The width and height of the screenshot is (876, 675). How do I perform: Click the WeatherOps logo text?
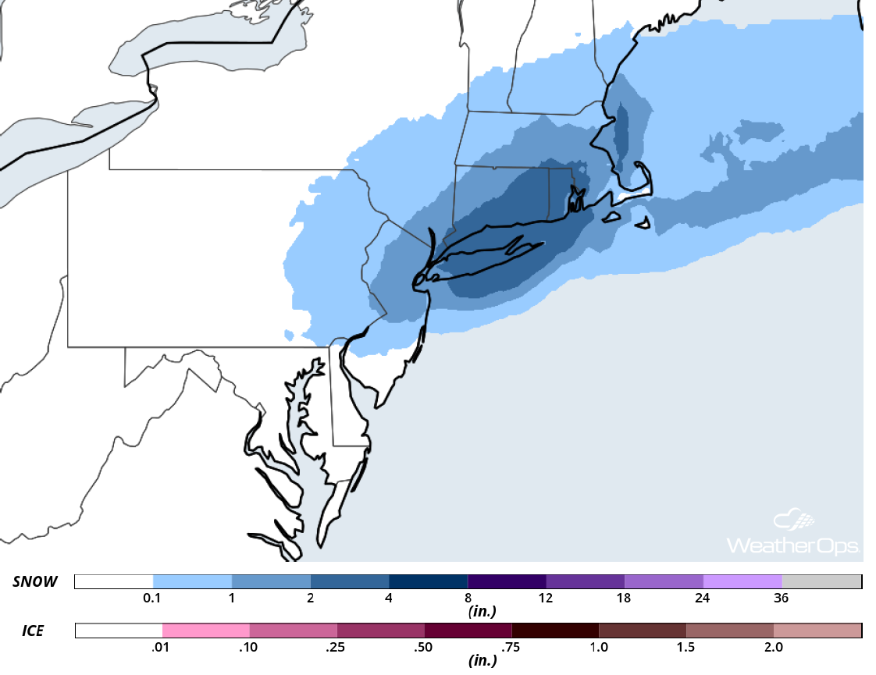(793, 545)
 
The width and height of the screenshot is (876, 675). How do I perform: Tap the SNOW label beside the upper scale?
(34, 582)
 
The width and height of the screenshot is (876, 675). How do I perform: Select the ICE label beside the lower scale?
(27, 631)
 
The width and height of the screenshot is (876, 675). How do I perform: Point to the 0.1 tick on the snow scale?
(153, 599)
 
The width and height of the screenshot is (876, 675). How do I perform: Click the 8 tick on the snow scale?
(468, 599)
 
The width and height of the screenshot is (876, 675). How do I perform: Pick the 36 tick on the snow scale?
(782, 599)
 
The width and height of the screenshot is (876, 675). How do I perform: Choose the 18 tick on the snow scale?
(625, 599)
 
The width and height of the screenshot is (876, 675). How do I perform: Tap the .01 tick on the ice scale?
(162, 647)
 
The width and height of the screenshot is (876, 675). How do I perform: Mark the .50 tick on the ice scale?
(425, 647)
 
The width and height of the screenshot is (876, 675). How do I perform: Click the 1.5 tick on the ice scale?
(686, 647)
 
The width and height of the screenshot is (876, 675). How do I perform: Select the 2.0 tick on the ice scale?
(774, 647)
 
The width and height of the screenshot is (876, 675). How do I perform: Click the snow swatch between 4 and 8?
(429, 582)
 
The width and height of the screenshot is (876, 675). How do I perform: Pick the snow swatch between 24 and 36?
(742, 582)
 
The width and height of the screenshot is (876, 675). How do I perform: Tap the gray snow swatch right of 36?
(821, 582)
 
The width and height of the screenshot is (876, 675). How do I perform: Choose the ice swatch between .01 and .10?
(206, 631)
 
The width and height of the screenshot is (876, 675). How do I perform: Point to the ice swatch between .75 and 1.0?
(555, 631)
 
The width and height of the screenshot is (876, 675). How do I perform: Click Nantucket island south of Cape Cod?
(643, 225)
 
